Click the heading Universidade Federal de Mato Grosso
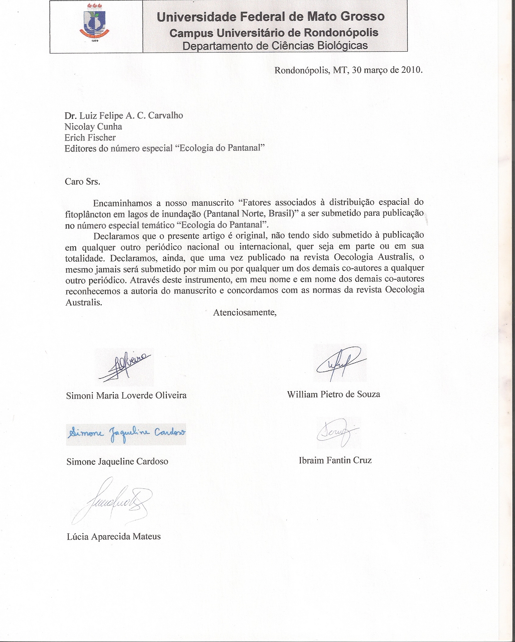click(x=270, y=16)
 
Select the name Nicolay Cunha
click(x=93, y=126)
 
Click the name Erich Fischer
click(x=90, y=138)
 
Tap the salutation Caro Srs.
click(x=82, y=182)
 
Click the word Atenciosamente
click(x=245, y=312)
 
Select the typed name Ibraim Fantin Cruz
click(x=335, y=460)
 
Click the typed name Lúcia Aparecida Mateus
click(x=113, y=536)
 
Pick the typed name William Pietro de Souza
click(x=333, y=395)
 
